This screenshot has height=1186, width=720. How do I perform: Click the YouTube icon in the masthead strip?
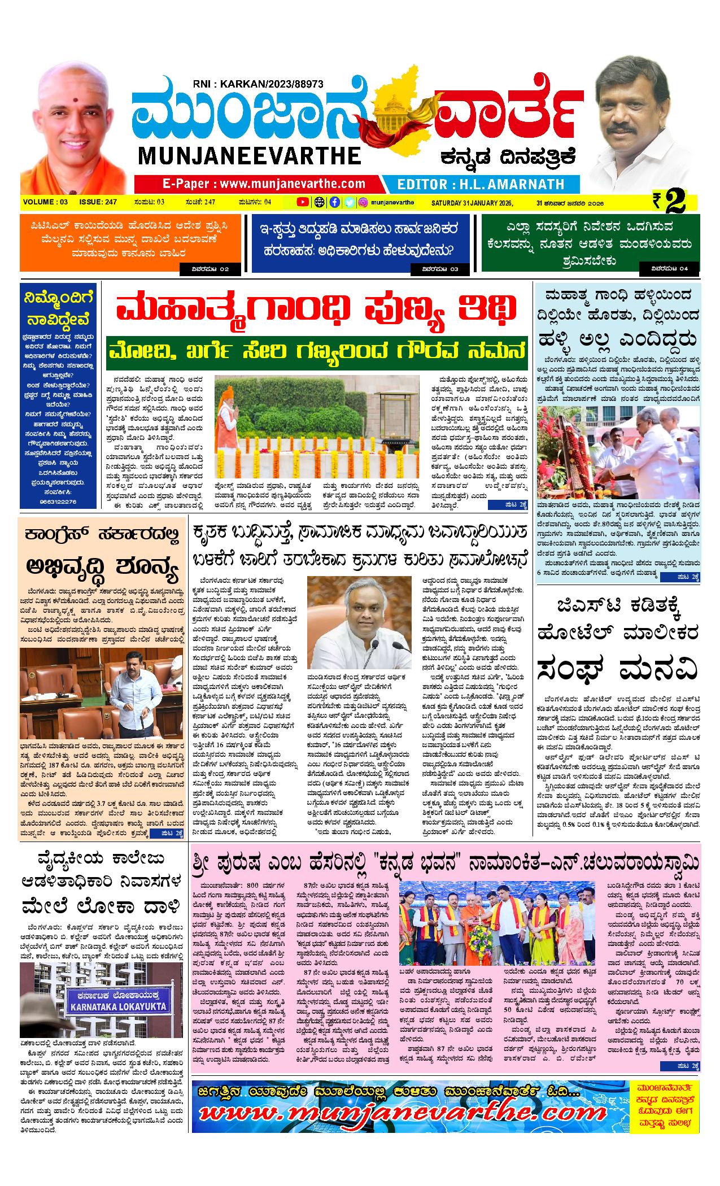(303, 202)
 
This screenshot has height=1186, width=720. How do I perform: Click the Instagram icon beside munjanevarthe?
(364, 202)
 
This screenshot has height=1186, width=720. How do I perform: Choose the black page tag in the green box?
(670, 269)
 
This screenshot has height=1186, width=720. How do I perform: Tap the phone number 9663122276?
(56, 501)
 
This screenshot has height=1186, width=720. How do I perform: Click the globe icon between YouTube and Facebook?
(319, 202)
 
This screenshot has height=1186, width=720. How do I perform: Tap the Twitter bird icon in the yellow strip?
(350, 202)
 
